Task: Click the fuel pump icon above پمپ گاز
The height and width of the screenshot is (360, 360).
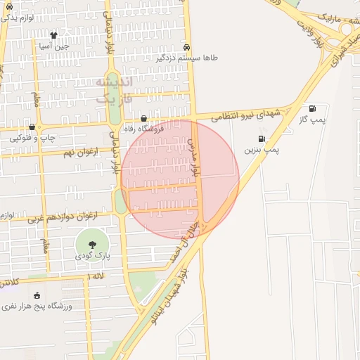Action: [312, 108]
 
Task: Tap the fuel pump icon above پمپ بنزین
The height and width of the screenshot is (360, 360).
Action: [262, 139]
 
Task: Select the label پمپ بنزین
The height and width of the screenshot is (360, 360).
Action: [262, 150]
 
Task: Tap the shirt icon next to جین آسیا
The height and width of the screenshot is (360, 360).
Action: [53, 34]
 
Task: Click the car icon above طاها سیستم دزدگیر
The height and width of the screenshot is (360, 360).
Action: [186, 47]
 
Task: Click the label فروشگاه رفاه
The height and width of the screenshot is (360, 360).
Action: [143, 129]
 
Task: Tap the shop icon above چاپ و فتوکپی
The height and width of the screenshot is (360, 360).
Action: [32, 127]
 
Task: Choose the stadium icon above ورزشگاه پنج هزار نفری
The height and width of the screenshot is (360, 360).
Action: [37, 295]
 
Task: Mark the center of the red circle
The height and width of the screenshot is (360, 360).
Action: [180, 179]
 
